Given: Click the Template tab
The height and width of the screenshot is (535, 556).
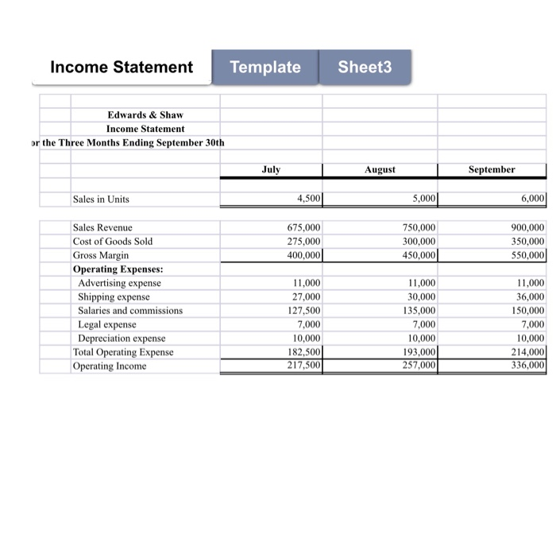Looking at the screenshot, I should tap(264, 68).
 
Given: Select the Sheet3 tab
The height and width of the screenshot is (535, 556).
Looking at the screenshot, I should tap(365, 68).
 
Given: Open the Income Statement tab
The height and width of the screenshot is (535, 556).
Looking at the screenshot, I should tap(122, 68).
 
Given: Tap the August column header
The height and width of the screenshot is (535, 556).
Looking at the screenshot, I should tap(380, 170).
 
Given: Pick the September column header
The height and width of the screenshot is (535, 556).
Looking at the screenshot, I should tap(492, 169).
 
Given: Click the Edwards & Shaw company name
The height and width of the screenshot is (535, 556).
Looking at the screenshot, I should tap(145, 114).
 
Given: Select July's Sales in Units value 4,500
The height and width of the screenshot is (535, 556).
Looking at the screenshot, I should tap(304, 199).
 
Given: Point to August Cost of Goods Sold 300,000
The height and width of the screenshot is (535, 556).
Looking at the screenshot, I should tap(419, 241).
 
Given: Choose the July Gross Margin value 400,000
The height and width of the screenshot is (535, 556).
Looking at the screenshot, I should tap(303, 255).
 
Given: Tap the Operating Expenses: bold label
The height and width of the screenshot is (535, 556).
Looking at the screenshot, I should tap(112, 269).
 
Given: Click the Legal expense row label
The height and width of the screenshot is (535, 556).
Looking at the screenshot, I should tap(106, 324).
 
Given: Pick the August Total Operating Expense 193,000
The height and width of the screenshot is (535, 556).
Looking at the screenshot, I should tap(419, 352).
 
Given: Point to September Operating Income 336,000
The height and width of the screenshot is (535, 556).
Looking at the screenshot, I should tap(527, 366).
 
